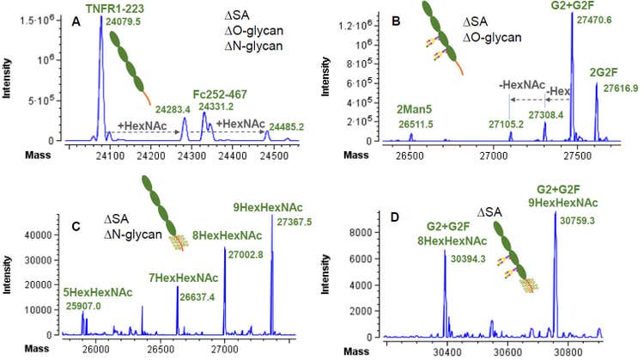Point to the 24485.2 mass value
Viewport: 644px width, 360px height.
(x=287, y=126)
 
